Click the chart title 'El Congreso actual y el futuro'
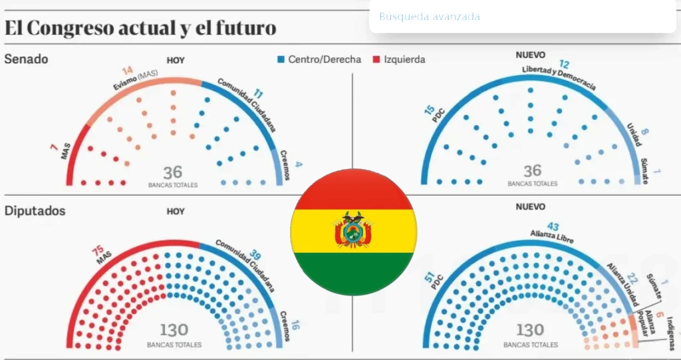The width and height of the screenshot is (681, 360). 140,28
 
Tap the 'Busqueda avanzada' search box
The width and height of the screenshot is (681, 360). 522,17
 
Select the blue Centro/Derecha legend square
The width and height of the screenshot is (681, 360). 281,59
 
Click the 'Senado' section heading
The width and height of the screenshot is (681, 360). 26,59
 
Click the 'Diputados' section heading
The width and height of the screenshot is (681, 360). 35,211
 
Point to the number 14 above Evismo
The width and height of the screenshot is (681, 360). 128,70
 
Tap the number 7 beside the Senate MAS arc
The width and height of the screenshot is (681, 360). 54,146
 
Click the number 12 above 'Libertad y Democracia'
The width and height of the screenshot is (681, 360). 564,65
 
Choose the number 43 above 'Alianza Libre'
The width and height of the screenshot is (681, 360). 552,226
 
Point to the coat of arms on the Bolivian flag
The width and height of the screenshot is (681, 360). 353,230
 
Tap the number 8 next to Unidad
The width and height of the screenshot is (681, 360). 644,132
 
